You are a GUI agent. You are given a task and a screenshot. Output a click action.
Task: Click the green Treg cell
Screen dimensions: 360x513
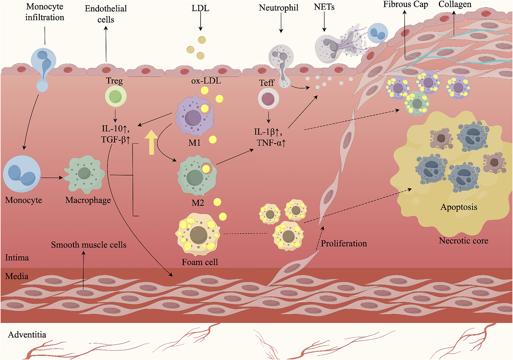point(116,96)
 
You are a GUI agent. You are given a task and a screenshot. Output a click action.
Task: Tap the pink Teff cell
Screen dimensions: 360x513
point(268,99)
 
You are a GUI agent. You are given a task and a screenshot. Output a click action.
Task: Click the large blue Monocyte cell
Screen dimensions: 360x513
point(22,174)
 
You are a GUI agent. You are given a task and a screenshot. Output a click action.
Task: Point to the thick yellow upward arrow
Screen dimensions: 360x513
point(151,142)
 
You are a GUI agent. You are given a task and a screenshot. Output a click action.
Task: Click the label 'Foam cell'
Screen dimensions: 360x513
point(200,262)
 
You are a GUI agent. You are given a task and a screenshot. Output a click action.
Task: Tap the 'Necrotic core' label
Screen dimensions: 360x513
point(463,241)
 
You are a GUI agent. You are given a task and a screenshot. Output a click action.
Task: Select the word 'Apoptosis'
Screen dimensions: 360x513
point(459,207)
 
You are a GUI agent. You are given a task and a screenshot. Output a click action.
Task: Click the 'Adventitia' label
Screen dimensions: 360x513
point(27,335)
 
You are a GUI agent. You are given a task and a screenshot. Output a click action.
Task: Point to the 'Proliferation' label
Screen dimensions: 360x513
point(344,244)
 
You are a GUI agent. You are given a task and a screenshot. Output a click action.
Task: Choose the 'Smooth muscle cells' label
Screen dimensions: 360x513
point(89,245)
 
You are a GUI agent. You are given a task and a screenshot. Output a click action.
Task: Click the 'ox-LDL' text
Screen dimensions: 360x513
point(206,81)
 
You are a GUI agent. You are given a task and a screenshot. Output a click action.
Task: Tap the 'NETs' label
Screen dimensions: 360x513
point(324,7)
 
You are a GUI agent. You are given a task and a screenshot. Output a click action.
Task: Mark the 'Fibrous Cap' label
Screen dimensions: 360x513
point(405,4)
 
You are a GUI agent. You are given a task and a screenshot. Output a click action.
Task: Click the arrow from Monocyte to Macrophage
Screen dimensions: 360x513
point(52,177)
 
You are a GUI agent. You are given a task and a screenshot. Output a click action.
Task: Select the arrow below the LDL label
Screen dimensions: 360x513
point(200,22)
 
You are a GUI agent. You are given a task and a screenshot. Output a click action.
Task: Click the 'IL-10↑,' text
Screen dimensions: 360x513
point(115,128)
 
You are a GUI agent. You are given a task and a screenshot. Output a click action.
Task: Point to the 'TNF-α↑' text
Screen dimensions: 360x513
point(271,143)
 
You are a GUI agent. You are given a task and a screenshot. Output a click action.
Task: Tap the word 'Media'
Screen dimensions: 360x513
point(17,276)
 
